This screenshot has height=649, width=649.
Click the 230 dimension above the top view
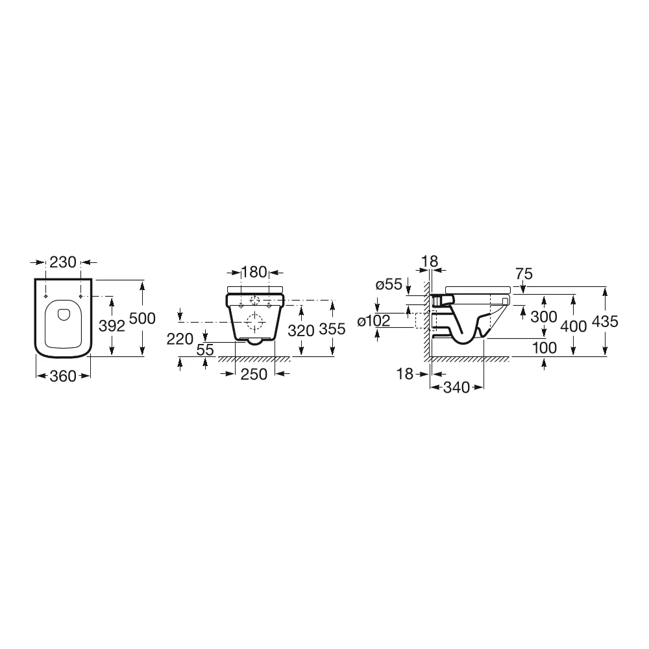[63, 262]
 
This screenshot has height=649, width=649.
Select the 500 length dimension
[142, 318]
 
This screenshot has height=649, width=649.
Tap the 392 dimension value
[112, 326]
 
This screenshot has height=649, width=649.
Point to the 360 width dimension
[63, 376]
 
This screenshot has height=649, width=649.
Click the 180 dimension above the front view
[254, 272]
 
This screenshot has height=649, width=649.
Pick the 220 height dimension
[180, 339]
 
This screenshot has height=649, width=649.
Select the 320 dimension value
[301, 331]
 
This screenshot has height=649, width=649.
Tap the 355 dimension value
[332, 329]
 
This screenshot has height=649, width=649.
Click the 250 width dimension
[254, 374]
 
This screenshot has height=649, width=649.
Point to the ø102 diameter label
[374, 321]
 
